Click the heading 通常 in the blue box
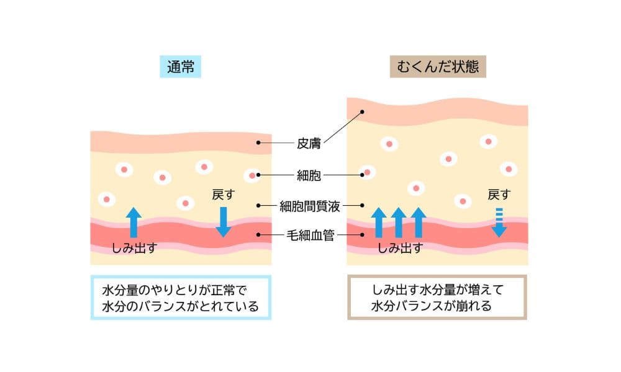pos(181,67)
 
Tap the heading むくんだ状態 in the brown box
pos(437,67)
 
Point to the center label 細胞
pos(308,175)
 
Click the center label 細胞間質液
pos(308,205)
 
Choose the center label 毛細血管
pos(308,236)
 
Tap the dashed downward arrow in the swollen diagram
pos(499,223)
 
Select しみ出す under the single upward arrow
pos(134,249)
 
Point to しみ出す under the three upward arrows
pos(401,249)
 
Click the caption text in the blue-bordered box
pos(180,298)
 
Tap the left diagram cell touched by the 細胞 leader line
pos(252,175)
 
